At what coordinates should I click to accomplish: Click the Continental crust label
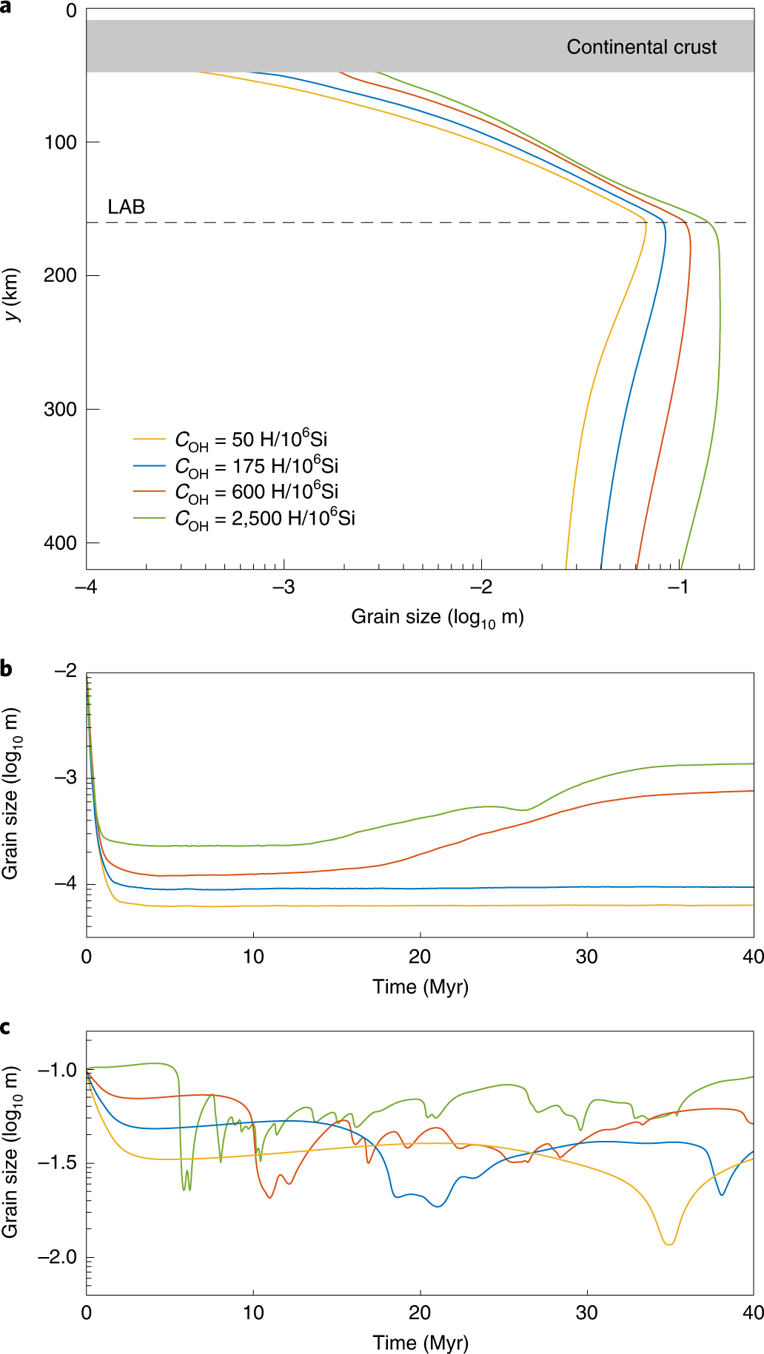click(641, 47)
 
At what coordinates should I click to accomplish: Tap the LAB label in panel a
click(126, 207)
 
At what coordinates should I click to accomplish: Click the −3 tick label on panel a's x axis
click(284, 587)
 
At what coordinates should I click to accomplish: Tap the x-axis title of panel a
click(437, 617)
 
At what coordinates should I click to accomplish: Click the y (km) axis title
click(12, 294)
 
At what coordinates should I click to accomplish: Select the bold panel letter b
click(7, 669)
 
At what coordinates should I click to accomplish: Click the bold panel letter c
click(6, 1027)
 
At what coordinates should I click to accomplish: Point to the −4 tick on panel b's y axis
click(65, 883)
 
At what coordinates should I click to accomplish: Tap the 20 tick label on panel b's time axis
click(420, 957)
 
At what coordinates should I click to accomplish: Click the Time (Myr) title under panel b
click(420, 987)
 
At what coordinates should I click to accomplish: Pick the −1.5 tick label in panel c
click(57, 1163)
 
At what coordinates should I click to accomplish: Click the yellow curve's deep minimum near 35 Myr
click(668, 1244)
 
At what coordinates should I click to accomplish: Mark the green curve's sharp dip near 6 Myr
click(184, 1188)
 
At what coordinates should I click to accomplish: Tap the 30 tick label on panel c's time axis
click(586, 1313)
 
